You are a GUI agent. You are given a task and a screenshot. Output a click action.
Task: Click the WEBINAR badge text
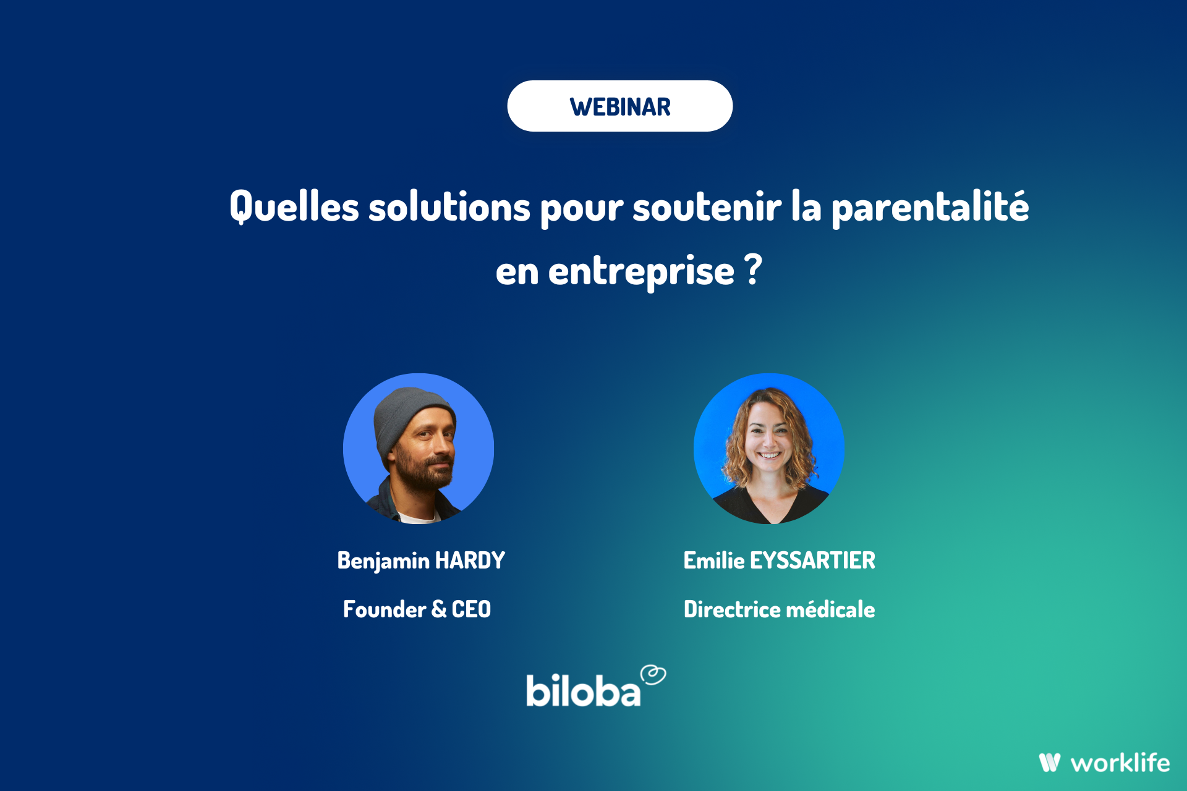tap(620, 107)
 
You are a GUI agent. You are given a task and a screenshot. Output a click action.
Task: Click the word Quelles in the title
tap(294, 206)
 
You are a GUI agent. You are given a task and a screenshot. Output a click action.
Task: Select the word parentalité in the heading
tap(930, 208)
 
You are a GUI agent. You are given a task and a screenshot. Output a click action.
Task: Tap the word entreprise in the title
tap(641, 272)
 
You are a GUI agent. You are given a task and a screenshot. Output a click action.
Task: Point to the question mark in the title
tap(753, 269)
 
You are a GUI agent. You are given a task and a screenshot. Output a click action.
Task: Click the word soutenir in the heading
tap(707, 206)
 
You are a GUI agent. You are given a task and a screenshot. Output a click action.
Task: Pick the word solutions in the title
tap(449, 206)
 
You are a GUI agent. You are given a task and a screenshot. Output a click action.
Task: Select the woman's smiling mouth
tap(769, 455)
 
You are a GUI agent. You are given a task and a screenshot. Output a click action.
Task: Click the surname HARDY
tap(470, 560)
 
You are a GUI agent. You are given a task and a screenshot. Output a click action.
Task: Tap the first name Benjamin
tap(383, 560)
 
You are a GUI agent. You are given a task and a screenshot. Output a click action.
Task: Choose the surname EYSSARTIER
tap(812, 560)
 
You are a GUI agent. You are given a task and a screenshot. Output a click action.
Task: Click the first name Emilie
tap(714, 560)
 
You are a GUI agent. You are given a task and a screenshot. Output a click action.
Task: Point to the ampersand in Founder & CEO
tap(439, 609)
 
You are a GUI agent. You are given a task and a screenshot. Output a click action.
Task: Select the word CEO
tap(471, 609)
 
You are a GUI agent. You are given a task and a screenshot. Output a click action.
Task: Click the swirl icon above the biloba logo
tap(653, 675)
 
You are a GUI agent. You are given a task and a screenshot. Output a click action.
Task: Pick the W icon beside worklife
tap(1050, 763)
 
